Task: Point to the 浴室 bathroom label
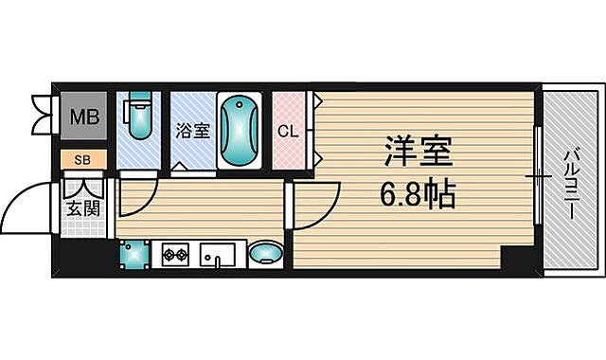tap(193, 132)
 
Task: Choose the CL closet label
tap(288, 131)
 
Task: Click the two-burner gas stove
tap(175, 253)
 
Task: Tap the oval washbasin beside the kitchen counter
tap(266, 253)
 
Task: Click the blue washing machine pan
tap(134, 253)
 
